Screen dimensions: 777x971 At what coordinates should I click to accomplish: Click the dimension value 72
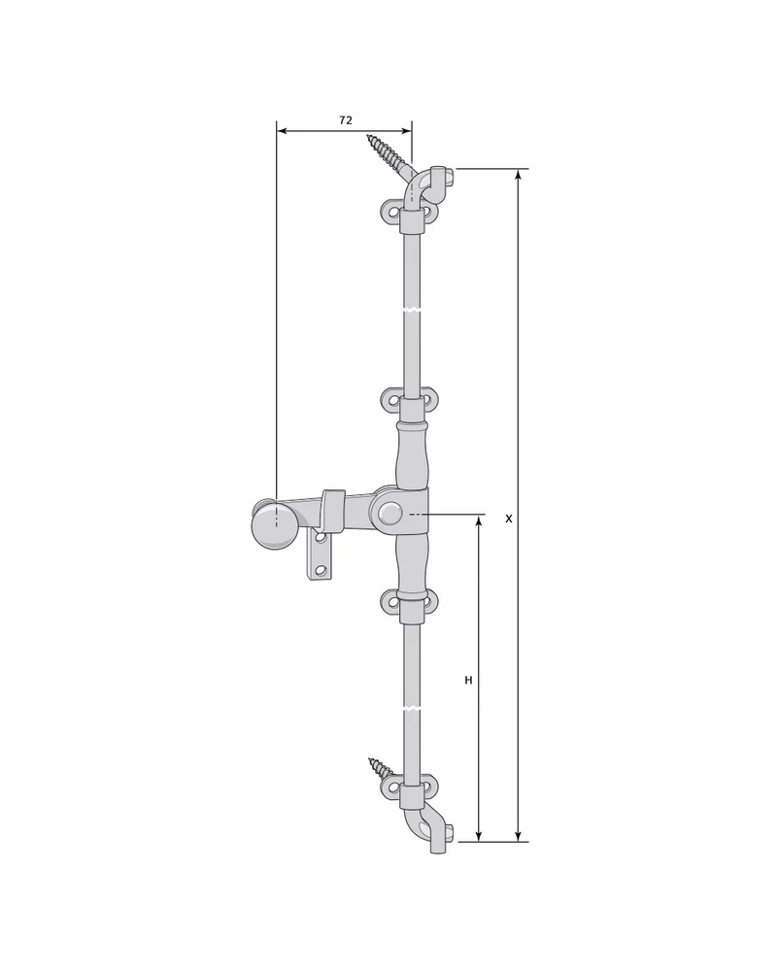[346, 120]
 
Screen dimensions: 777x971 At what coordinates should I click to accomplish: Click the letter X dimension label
[509, 519]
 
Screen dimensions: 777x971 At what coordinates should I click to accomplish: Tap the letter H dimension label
[468, 680]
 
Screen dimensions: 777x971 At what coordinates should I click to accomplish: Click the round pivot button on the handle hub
[389, 514]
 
